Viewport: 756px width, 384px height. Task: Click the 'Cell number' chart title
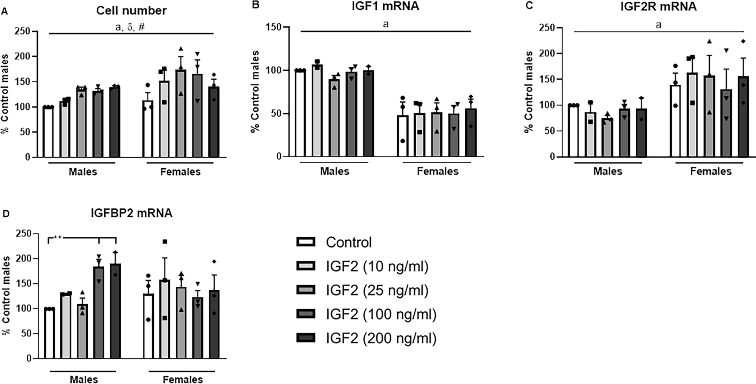pyautogui.click(x=131, y=11)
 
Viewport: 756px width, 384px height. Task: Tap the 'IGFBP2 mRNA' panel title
pyautogui.click(x=131, y=213)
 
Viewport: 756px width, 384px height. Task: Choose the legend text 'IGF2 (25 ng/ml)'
pyautogui.click(x=377, y=290)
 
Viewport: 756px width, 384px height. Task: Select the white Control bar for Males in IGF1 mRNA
pyautogui.click(x=300, y=113)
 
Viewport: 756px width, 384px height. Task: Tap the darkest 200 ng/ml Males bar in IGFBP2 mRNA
pyautogui.click(x=115, y=311)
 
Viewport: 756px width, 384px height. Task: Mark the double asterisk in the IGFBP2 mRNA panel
pyautogui.click(x=58, y=238)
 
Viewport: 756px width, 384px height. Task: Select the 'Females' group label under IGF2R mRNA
pyautogui.click(x=710, y=172)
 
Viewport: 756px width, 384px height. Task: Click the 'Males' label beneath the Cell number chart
pyautogui.click(x=82, y=172)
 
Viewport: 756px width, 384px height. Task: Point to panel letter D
pyautogui.click(x=5, y=214)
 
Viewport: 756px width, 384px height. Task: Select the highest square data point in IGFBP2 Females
pyautogui.click(x=165, y=242)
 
